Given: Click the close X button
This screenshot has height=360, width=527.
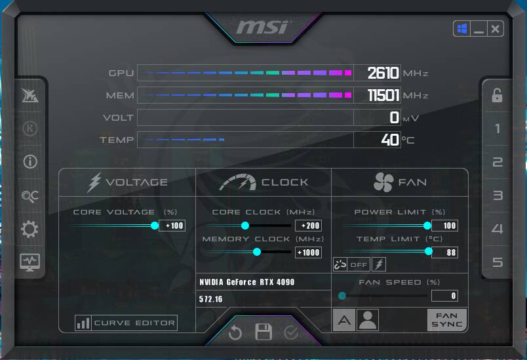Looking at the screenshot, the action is tap(495, 29).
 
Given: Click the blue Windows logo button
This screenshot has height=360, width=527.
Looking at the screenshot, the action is tap(462, 29).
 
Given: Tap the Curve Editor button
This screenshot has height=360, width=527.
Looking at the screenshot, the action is tap(126, 323).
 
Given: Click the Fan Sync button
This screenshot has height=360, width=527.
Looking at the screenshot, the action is tap(446, 319).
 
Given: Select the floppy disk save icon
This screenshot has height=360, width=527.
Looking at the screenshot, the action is tap(263, 332).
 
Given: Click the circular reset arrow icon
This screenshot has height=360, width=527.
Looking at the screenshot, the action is tap(235, 332).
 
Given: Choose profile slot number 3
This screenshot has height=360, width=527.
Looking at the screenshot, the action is tap(498, 195).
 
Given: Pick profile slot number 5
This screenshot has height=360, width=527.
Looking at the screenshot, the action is tap(498, 262).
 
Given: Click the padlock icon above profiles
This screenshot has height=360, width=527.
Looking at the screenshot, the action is tap(497, 95).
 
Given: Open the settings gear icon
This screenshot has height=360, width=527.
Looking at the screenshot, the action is tap(29, 230).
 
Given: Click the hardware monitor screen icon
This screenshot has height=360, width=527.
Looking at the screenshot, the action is tap(30, 262).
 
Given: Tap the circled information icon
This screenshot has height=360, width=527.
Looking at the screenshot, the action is tap(30, 162).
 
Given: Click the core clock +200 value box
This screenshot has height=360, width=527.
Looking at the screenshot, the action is tap(308, 226).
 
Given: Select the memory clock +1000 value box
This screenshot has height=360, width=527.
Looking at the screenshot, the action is tap(308, 252).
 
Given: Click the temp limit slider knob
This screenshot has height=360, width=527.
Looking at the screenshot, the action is tap(429, 251).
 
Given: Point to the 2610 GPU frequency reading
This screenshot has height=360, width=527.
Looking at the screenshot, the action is tap(383, 73).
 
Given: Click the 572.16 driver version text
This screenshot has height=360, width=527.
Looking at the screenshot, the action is tap(210, 299).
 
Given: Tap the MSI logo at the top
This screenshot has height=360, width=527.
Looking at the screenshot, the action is tap(262, 28).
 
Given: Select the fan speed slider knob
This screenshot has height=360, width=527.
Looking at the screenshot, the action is tap(342, 296).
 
